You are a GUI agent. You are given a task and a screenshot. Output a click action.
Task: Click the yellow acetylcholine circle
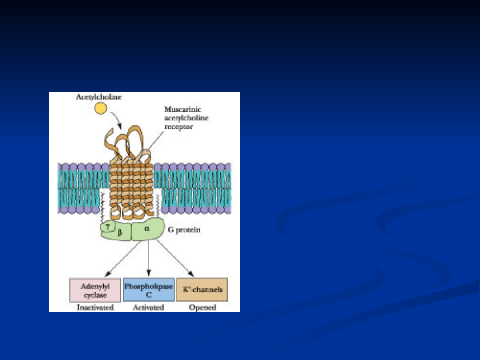(101, 108)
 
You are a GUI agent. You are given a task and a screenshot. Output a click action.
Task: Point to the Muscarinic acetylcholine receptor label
(186, 118)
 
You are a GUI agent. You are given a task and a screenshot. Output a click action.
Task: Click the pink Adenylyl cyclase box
(95, 290)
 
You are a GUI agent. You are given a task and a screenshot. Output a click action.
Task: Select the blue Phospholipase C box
(148, 290)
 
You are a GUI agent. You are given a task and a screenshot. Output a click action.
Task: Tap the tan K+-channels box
(202, 290)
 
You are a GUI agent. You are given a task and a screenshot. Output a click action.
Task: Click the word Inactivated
(95, 308)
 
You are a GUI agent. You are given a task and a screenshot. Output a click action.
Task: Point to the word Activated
(148, 308)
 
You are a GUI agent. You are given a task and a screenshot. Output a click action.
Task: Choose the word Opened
(202, 308)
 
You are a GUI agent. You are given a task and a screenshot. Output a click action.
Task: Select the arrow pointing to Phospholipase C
(148, 260)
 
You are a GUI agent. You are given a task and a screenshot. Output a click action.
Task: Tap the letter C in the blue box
(148, 294)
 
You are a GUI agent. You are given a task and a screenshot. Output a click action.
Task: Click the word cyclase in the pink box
(95, 295)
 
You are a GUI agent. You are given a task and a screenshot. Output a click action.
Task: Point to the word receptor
(176, 127)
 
